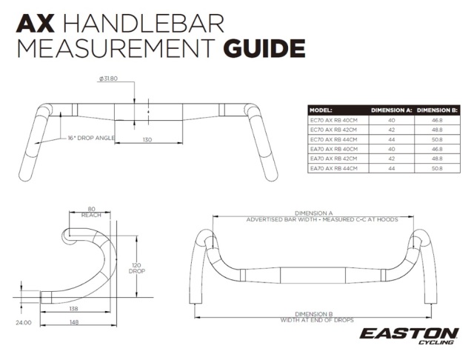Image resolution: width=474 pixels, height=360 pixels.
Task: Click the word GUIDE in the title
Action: coord(264,47)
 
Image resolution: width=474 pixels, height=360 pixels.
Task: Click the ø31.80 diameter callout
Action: coord(108,79)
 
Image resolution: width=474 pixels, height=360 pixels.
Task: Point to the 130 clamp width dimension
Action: coord(147,140)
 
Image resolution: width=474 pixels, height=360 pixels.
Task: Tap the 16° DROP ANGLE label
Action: coord(91,138)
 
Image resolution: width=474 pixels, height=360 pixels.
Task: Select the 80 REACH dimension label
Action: coord(91,212)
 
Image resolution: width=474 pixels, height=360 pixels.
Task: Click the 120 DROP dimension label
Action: coord(136,268)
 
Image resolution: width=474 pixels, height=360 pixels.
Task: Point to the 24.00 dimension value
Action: coord(23,322)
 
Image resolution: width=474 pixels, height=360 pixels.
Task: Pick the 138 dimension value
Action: coord(73,309)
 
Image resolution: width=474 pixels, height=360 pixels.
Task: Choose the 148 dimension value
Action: coord(74,322)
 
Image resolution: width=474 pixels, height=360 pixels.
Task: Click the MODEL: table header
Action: coord(321,110)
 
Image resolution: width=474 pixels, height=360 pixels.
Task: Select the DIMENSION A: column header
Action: coord(392,110)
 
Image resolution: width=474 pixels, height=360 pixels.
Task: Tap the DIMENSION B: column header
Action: coord(437,110)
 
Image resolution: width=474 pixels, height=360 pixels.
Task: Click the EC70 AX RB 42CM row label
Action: coord(333,130)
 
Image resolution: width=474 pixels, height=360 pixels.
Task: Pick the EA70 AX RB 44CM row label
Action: coord(333,168)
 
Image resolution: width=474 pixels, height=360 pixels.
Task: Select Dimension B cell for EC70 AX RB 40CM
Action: coord(437,120)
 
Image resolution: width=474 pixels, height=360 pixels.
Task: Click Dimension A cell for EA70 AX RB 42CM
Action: coord(392,159)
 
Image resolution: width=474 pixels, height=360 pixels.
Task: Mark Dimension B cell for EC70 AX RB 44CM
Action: coord(437,139)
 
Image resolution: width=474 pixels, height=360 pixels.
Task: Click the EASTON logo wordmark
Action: coord(409,333)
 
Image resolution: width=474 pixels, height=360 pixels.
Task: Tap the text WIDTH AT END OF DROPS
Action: coord(317,320)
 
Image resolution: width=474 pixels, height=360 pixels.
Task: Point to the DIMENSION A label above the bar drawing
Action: coord(313,213)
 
